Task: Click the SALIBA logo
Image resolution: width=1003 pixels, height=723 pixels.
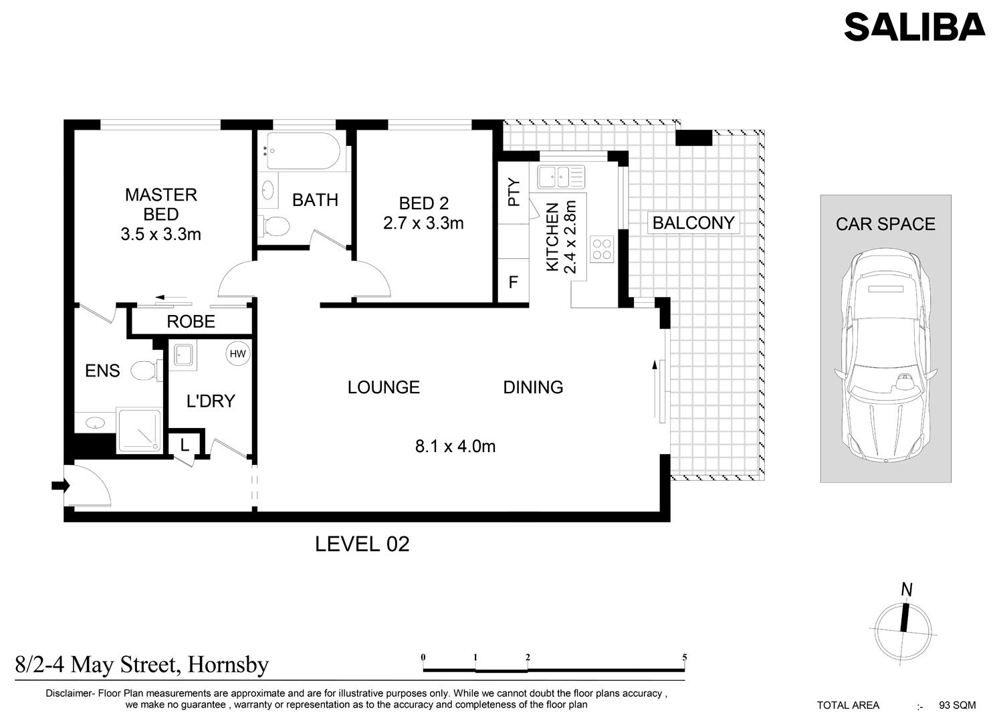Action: pyautogui.click(x=914, y=27)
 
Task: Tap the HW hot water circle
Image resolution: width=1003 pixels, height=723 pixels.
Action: pyautogui.click(x=238, y=354)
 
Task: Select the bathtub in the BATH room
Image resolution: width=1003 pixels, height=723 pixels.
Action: pyautogui.click(x=303, y=151)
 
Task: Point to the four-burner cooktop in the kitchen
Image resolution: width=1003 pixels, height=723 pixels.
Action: pyautogui.click(x=602, y=249)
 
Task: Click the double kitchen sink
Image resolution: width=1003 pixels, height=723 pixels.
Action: pyautogui.click(x=561, y=177)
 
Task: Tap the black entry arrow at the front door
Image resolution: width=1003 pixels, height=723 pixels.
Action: pyautogui.click(x=60, y=486)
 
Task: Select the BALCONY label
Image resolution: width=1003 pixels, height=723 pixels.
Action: pyautogui.click(x=693, y=223)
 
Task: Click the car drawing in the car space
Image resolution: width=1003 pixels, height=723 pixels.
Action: pyautogui.click(x=885, y=356)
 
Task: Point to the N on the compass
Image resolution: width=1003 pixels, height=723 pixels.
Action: pyautogui.click(x=907, y=589)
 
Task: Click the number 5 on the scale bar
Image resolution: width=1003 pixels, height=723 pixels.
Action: pyautogui.click(x=684, y=657)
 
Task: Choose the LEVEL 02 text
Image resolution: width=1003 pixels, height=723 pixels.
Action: pyautogui.click(x=362, y=544)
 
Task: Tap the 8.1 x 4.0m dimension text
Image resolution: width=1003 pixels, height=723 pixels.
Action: pyautogui.click(x=455, y=446)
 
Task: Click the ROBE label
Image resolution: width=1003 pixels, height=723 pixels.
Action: pyautogui.click(x=191, y=322)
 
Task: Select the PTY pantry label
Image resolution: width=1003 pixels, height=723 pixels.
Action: pyautogui.click(x=514, y=192)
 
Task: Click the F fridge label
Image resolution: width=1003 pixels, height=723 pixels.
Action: pyautogui.click(x=513, y=282)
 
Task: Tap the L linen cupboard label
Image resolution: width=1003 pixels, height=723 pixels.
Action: pyautogui.click(x=185, y=445)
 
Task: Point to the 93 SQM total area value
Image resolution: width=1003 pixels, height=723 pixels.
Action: pyautogui.click(x=958, y=705)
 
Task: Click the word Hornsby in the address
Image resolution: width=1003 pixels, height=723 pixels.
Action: pyautogui.click(x=228, y=665)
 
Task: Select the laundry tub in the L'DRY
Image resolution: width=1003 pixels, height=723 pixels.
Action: pyautogui.click(x=185, y=356)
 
